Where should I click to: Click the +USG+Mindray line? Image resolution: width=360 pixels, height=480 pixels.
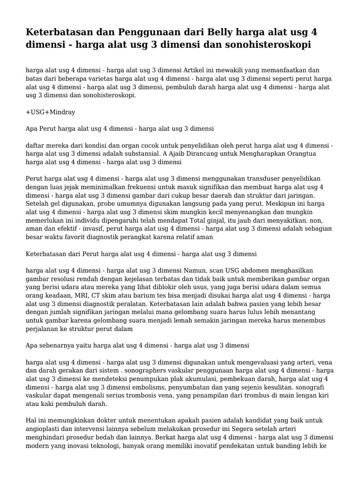click(51, 112)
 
